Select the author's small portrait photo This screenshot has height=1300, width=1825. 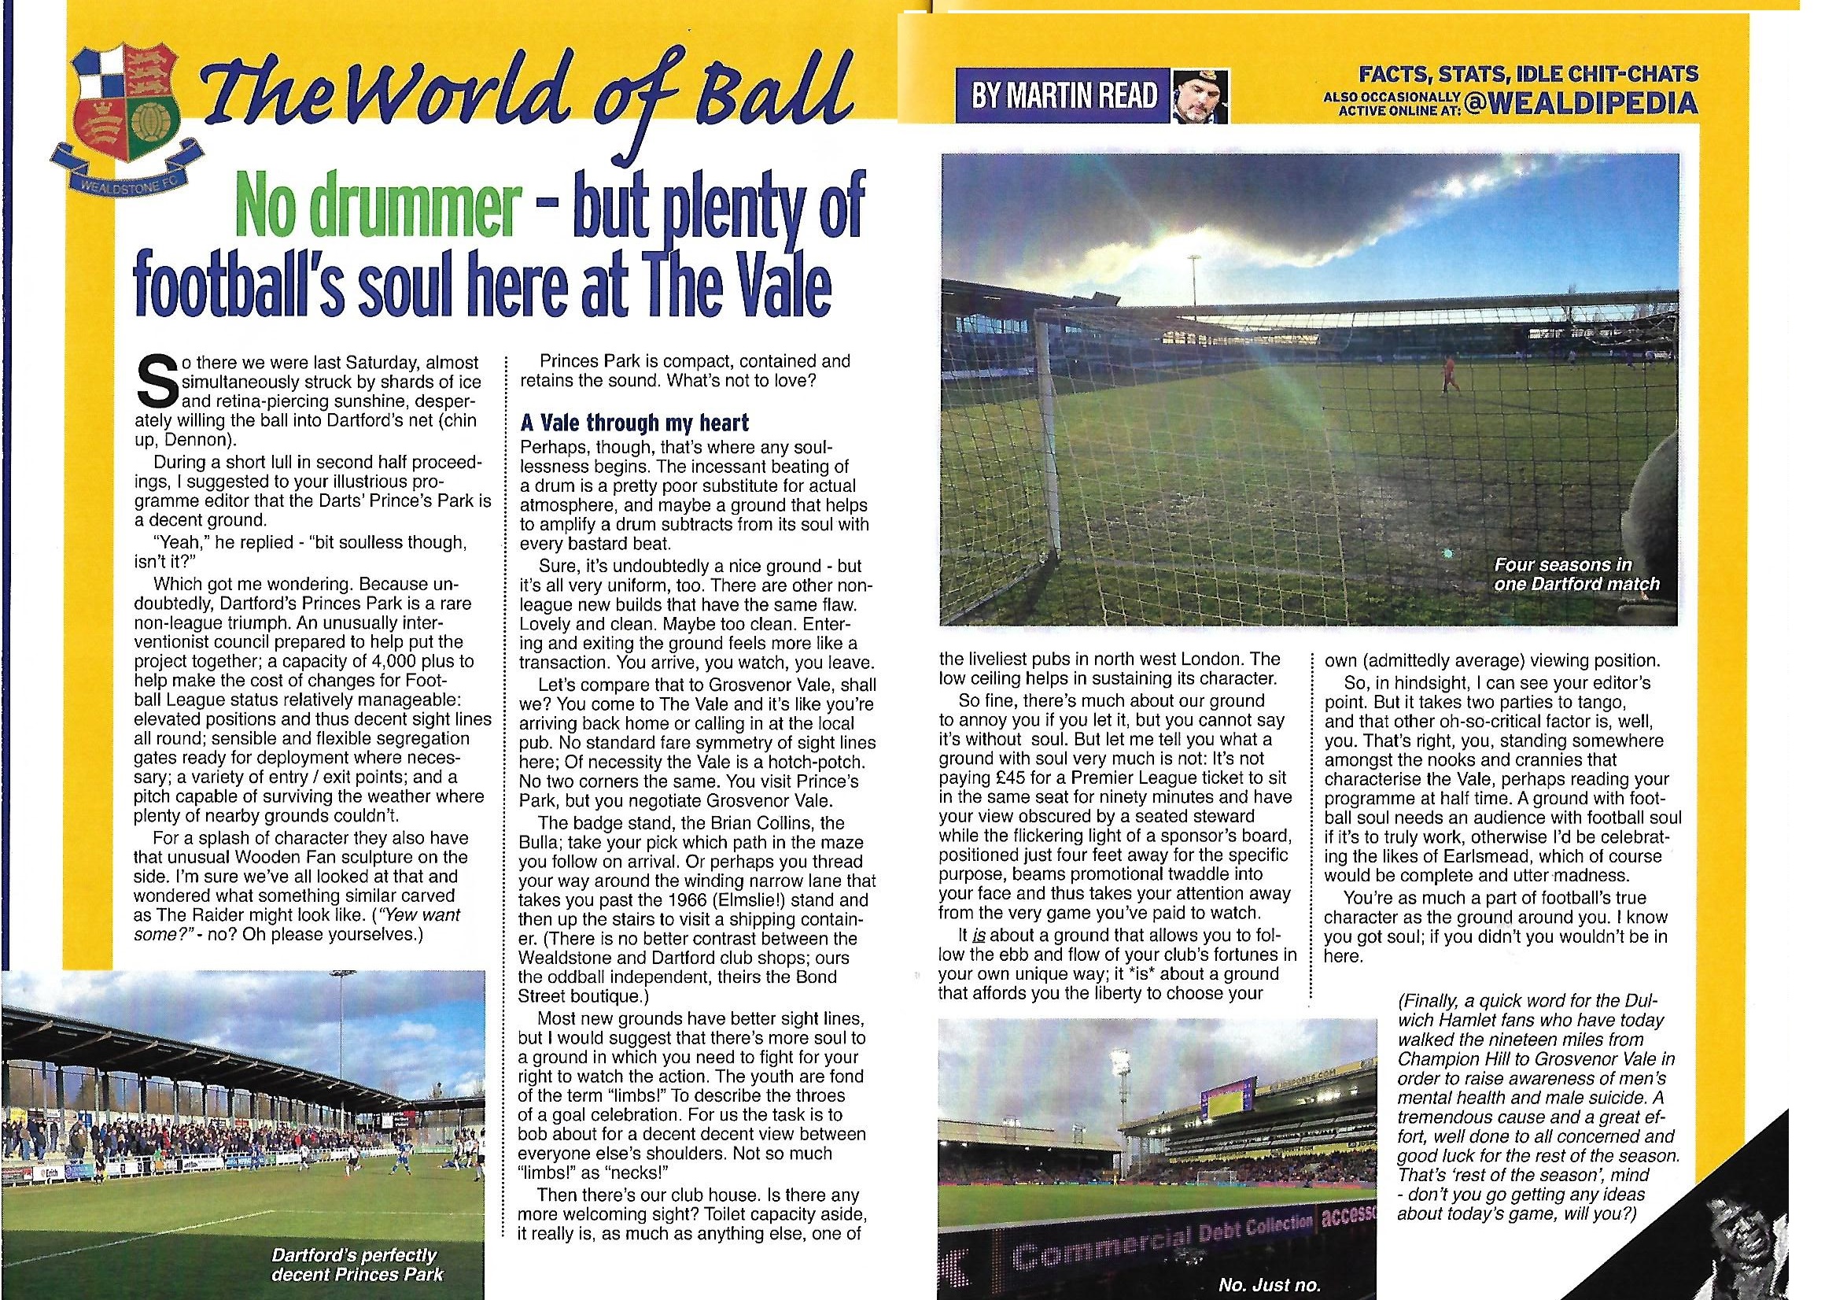click(1199, 97)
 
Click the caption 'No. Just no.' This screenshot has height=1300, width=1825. click(1268, 1285)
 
